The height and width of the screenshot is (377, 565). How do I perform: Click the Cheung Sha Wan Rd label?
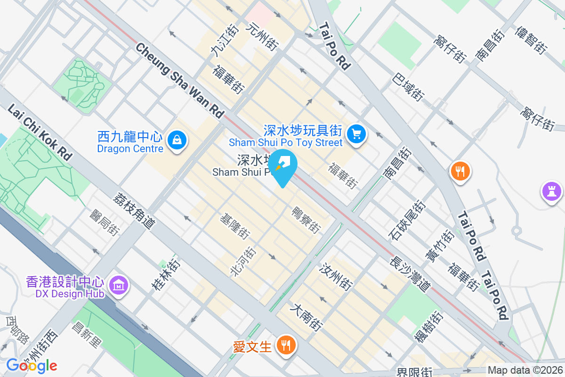click(x=180, y=80)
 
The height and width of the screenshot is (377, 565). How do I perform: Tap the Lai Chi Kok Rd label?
click(x=39, y=132)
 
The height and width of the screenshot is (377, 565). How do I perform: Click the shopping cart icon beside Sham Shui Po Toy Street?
click(x=356, y=135)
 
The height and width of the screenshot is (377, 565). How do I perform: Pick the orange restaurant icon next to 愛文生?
click(x=285, y=345)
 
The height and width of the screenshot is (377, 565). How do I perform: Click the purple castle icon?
click(x=550, y=191)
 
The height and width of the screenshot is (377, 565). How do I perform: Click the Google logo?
click(x=32, y=365)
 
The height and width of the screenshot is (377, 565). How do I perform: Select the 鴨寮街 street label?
click(x=307, y=220)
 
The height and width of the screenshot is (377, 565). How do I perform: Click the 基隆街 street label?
click(x=235, y=226)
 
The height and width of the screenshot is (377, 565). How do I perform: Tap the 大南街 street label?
click(x=307, y=317)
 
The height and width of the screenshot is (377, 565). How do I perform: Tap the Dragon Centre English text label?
click(x=130, y=149)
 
